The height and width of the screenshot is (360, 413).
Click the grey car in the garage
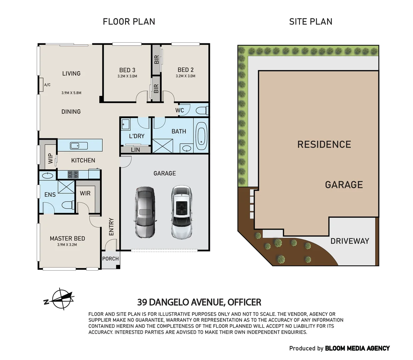coord(145,212)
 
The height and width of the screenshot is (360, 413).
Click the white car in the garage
coord(181,212)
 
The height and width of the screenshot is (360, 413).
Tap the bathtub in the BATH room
coord(201,136)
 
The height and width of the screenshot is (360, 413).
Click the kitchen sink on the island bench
coord(79,145)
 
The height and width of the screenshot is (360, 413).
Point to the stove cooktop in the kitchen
coord(73,174)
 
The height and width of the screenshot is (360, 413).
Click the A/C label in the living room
coord(47,85)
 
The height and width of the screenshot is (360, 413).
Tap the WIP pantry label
coord(50,158)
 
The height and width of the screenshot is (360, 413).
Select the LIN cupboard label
coord(135,150)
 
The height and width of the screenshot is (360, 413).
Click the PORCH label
coord(110,258)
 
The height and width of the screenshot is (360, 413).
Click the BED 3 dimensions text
coord(127,76)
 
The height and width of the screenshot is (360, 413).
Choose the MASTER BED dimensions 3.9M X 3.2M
coord(67,245)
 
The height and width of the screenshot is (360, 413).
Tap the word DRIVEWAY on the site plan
coord(350,241)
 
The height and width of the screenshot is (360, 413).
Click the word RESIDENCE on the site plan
coord(324,144)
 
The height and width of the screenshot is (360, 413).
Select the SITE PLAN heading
coord(311,22)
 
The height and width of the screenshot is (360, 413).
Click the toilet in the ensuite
coord(68,205)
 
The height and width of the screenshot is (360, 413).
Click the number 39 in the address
coord(142,302)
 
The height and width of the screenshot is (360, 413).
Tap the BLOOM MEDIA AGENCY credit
coord(357,348)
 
